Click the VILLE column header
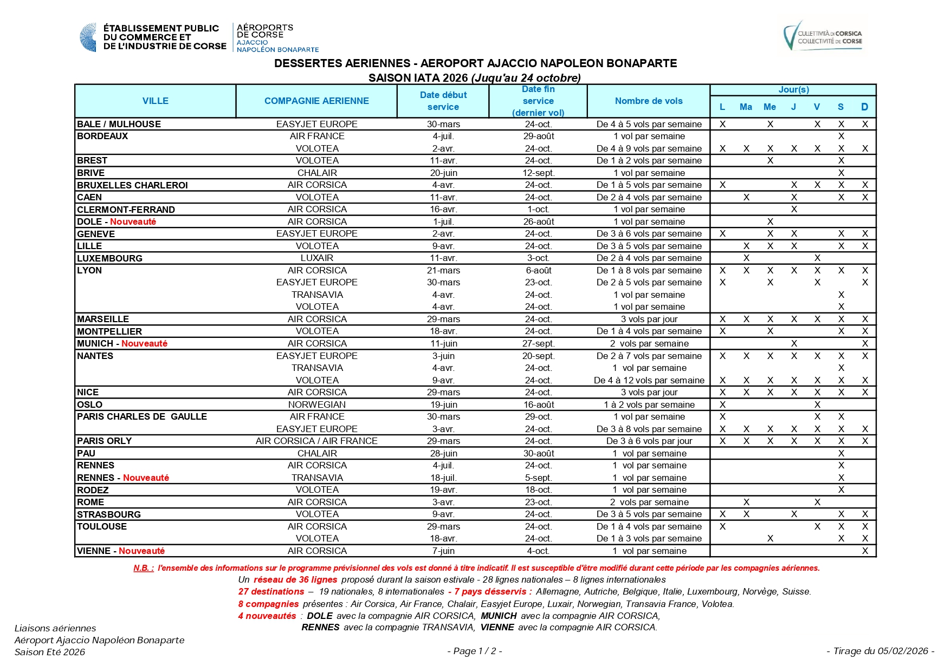click(x=155, y=101)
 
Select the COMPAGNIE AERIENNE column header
click(x=316, y=101)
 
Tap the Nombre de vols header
click(x=649, y=101)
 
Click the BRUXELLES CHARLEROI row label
click(x=132, y=185)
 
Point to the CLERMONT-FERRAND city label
click(x=126, y=210)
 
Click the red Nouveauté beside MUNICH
click(x=144, y=343)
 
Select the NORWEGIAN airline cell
click(x=317, y=404)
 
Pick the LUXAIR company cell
click(x=317, y=258)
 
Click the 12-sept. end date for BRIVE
click(x=538, y=173)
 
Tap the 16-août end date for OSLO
click(x=538, y=404)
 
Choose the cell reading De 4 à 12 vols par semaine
click(x=649, y=380)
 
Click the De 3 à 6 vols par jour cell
click(x=649, y=441)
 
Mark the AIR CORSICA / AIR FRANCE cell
click(x=316, y=441)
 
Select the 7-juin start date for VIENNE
click(x=443, y=551)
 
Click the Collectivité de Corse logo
click(x=823, y=37)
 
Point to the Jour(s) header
click(x=793, y=90)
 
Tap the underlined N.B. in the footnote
click(x=144, y=568)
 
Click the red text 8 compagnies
click(x=268, y=604)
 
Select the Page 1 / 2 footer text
click(x=475, y=651)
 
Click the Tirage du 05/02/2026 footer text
click(x=880, y=651)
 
